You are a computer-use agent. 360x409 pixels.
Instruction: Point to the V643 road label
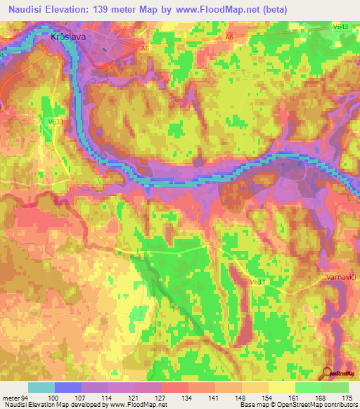341,27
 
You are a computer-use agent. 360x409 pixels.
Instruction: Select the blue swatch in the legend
67,387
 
